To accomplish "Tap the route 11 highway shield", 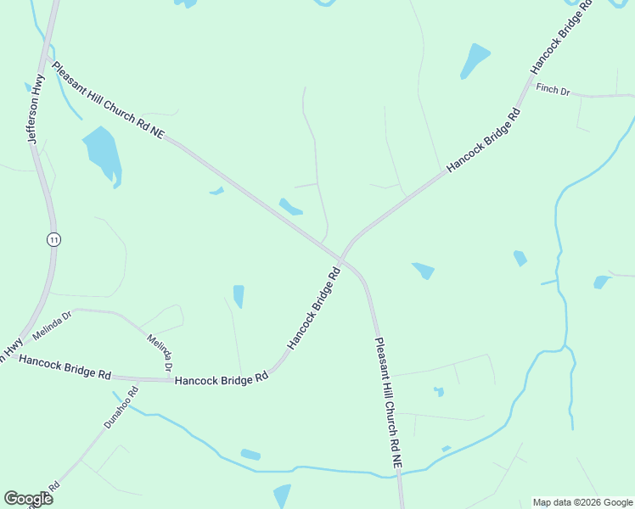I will click(x=53, y=240).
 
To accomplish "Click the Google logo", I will click(x=28, y=499).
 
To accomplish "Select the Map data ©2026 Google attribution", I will click(x=583, y=502).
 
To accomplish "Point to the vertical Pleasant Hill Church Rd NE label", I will click(x=388, y=402).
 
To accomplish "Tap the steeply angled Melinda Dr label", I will click(x=160, y=353).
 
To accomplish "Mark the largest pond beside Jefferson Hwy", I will click(x=102, y=153).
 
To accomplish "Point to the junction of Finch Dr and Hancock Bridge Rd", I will click(x=531, y=81).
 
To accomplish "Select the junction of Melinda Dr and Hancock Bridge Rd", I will click(x=168, y=379).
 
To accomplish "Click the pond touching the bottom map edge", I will click(x=282, y=496).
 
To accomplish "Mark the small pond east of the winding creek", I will click(x=602, y=282).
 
